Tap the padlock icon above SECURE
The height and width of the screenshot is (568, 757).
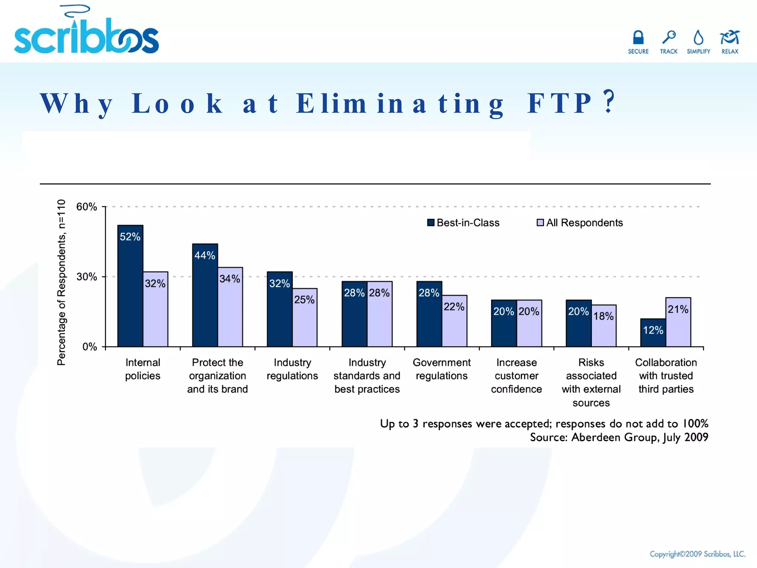638,38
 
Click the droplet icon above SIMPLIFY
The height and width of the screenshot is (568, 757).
698,38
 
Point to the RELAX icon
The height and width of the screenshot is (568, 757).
729,38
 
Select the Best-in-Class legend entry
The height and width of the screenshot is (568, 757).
463,223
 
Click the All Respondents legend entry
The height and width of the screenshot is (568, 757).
580,223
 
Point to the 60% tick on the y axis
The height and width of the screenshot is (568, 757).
86,207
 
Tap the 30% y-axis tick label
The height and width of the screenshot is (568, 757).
86,277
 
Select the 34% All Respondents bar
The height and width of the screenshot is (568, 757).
230,307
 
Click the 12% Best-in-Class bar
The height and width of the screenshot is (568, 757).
653,332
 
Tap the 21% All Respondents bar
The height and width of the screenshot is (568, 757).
678,322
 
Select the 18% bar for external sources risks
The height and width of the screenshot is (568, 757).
604,325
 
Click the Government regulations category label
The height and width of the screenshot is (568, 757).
441,369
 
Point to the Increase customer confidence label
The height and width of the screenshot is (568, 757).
516,376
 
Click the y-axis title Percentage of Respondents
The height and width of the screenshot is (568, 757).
61,283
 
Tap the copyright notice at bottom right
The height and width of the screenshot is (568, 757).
697,554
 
